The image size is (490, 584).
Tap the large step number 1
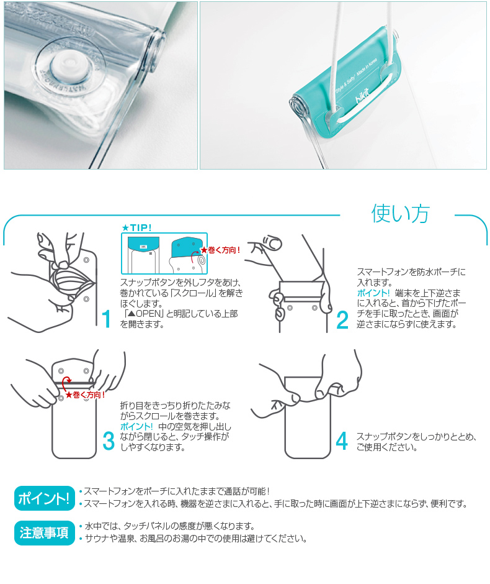click(106, 319)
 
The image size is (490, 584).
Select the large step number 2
click(342, 319)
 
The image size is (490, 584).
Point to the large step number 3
click(108, 440)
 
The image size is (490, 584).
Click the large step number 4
click(341, 440)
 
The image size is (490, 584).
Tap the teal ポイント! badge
click(42, 498)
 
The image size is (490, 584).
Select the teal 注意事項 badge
click(42, 533)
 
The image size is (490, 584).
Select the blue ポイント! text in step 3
click(136, 426)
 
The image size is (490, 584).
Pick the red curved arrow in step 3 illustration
click(66, 383)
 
